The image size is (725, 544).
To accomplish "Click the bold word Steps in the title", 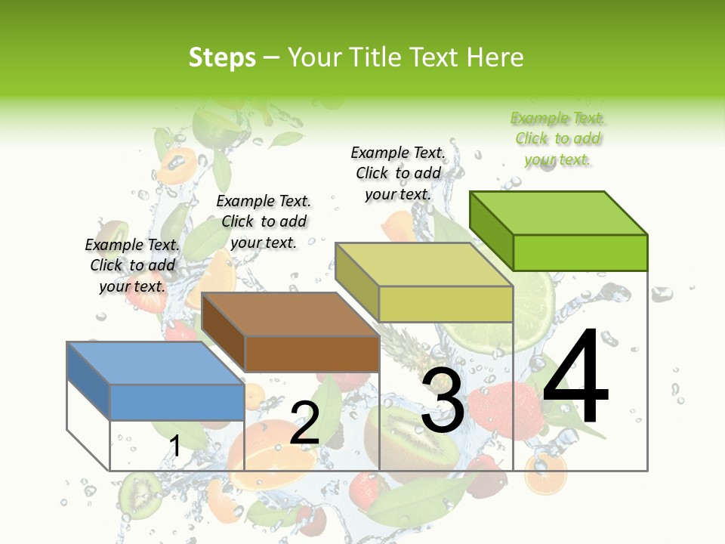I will coord(222,57).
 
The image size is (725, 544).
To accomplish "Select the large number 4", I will coord(575,377).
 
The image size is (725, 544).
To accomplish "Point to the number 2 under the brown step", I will coord(304,422).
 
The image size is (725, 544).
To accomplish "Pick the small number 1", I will coord(174,446).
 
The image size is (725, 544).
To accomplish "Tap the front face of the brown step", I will coord(312,354).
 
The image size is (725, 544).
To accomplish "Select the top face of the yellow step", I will coord(423,264).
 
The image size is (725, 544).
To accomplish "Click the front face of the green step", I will coord(580,252).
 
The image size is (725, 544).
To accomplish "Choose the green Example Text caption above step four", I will coord(557,139).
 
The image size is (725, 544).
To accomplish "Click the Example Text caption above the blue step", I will coord(132,265).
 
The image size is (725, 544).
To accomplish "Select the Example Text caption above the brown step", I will coord(264,221).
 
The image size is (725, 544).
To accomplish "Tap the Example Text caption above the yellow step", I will coord(398,173).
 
